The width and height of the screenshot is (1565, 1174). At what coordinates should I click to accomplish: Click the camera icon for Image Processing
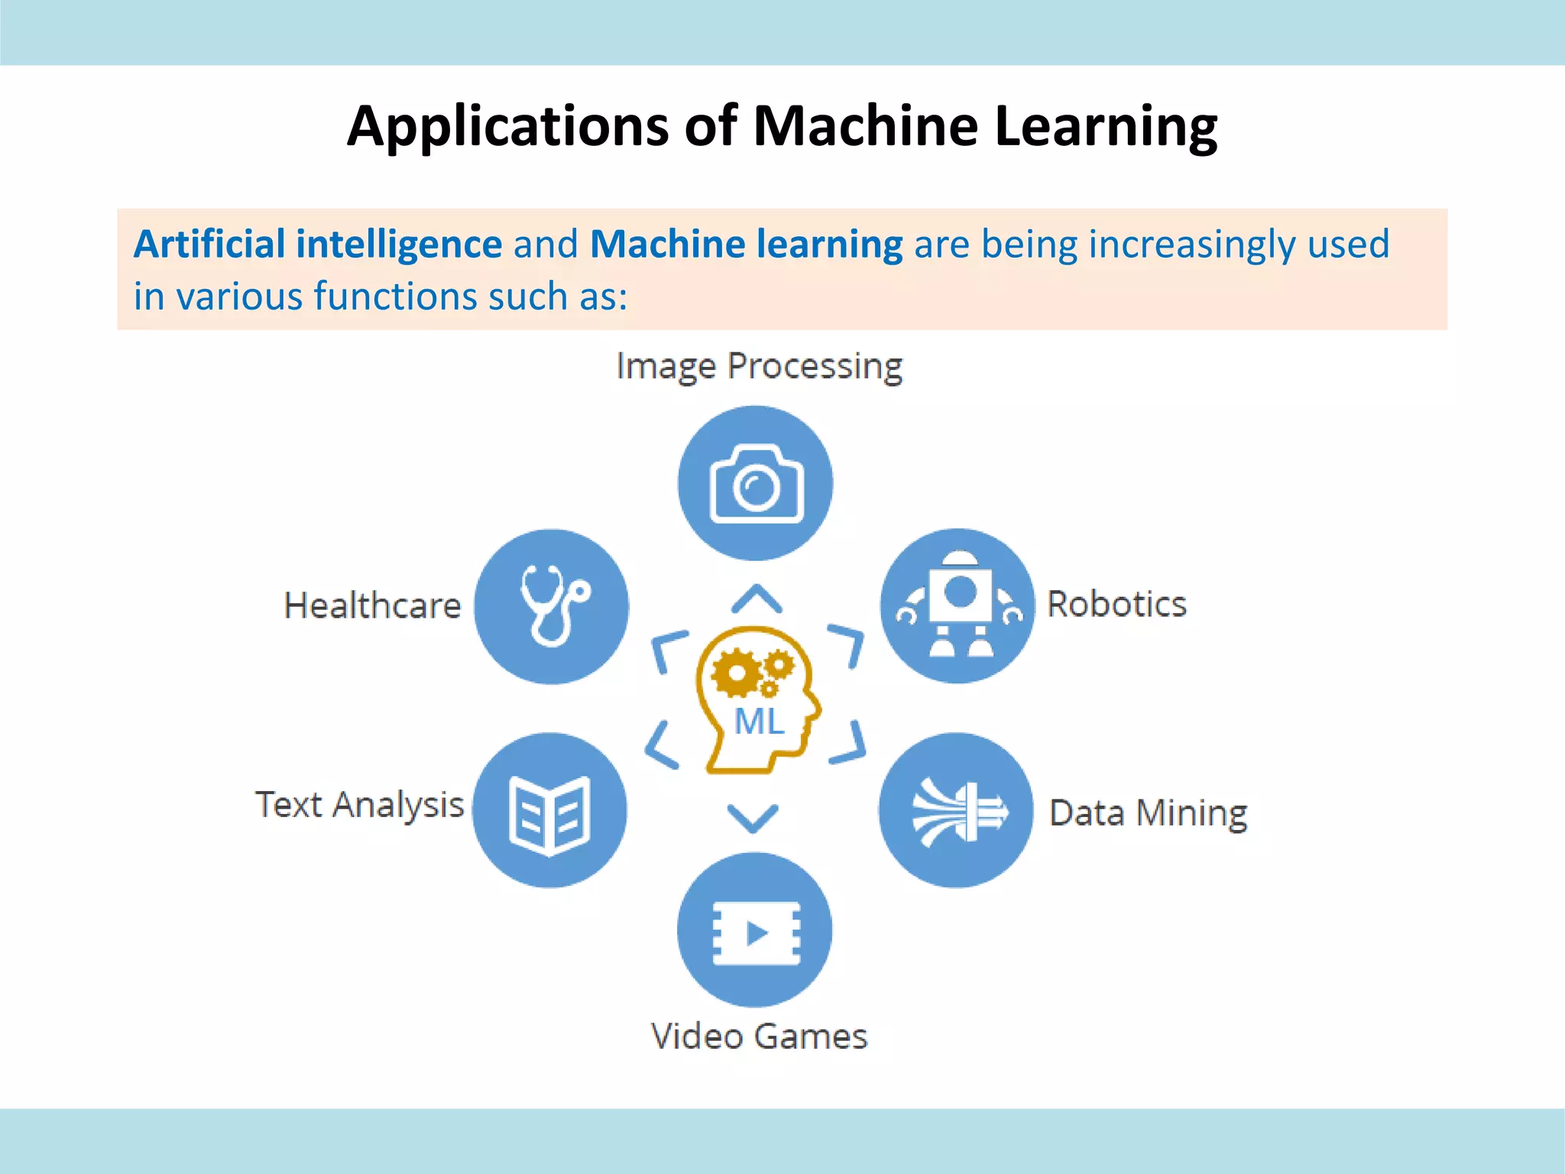click(756, 483)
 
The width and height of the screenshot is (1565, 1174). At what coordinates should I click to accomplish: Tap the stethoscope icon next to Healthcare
click(552, 606)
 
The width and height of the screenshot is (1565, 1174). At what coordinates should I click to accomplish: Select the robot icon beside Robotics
click(958, 605)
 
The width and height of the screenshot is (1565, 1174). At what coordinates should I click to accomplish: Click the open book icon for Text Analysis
click(549, 811)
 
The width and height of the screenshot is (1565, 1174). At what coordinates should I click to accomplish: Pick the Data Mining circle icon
click(957, 811)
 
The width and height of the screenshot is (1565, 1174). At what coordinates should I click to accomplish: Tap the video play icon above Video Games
click(755, 931)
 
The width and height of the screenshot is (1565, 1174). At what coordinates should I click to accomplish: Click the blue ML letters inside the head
click(759, 722)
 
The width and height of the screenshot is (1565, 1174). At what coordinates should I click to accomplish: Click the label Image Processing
click(759, 366)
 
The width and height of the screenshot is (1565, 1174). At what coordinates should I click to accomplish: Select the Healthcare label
click(373, 605)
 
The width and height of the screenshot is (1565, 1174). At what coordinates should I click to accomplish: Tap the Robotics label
click(1116, 604)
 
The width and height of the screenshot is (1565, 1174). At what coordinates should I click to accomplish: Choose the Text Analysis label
click(359, 805)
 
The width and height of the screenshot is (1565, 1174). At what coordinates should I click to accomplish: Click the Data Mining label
click(1148, 812)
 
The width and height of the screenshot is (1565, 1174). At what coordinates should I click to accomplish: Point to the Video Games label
click(759, 1036)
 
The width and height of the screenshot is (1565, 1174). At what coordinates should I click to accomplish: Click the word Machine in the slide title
click(865, 125)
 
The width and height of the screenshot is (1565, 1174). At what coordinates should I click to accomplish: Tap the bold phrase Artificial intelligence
click(318, 245)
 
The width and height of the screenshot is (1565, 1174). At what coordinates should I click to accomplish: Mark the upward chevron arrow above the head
click(757, 599)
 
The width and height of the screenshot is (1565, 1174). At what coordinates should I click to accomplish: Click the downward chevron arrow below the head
click(753, 818)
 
